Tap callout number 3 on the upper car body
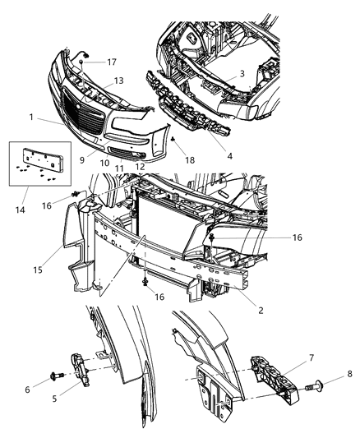coord(242,75)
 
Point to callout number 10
coord(105,164)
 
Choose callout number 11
coord(119,168)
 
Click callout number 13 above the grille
coord(120,80)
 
